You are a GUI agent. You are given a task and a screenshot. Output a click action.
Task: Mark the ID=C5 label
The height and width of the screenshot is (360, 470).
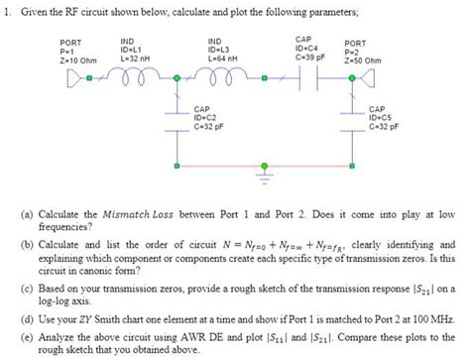click(382, 118)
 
